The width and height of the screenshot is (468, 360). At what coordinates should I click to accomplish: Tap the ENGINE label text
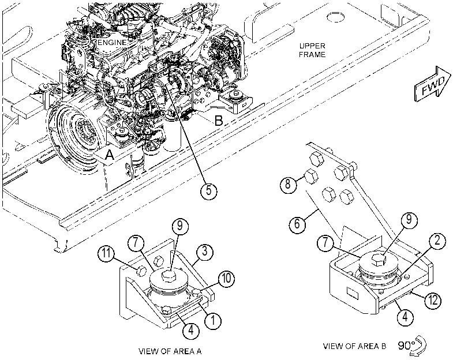tap(112, 42)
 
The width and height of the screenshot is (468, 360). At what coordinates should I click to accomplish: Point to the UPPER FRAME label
tap(312, 50)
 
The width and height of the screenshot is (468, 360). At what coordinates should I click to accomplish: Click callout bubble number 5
tap(209, 190)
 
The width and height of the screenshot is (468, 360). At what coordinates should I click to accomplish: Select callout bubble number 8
tap(288, 183)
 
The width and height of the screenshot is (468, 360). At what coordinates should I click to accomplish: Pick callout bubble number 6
tap(297, 223)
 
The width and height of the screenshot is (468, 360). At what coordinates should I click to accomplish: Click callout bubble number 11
tap(106, 253)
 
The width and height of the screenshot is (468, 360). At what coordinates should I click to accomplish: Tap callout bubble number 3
tap(204, 252)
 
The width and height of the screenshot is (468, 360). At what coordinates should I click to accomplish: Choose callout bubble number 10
tap(226, 279)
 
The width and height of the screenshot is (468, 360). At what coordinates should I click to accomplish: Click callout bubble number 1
tap(213, 321)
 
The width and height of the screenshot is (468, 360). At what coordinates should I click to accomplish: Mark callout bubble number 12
tap(433, 299)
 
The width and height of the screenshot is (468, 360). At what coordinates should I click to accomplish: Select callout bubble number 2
tap(437, 241)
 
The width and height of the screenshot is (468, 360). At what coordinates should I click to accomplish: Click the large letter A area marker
tap(110, 155)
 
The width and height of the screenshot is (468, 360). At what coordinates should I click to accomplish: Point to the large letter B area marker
tap(219, 121)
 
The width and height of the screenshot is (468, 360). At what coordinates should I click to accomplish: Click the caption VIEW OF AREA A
tap(170, 351)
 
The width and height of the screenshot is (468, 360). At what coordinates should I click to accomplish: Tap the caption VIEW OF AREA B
tap(354, 346)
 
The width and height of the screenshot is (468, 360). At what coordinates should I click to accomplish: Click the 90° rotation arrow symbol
tap(418, 346)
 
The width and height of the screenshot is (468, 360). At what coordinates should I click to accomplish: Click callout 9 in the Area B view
tap(409, 220)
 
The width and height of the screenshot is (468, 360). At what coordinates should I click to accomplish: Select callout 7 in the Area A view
tap(136, 243)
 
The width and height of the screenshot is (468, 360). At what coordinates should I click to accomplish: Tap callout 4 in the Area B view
tap(405, 317)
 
